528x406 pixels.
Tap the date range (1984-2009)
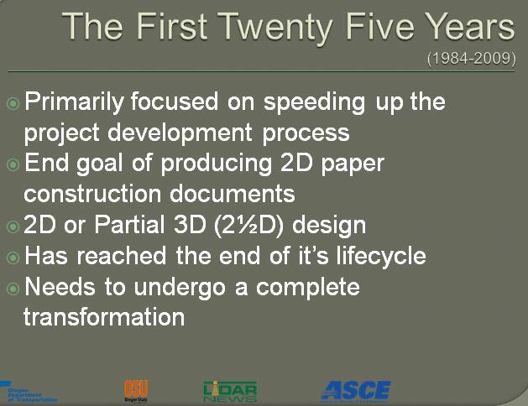(470, 60)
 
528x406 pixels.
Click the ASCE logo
(355, 390)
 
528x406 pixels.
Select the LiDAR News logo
(229, 391)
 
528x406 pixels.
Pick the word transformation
(104, 318)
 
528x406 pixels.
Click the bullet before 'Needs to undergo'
(13, 288)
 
